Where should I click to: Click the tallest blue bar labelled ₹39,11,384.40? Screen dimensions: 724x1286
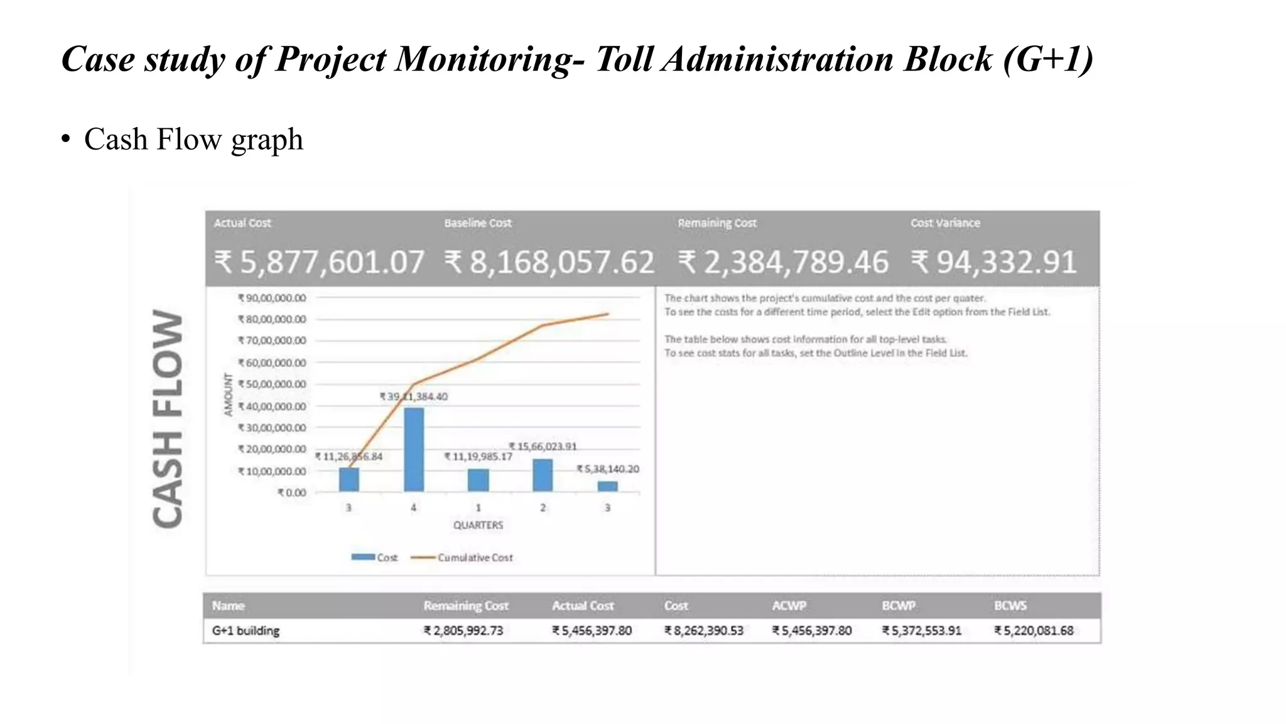coord(414,449)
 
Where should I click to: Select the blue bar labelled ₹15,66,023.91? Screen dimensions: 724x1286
coord(543,475)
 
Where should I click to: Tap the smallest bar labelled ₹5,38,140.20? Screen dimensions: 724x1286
coord(607,486)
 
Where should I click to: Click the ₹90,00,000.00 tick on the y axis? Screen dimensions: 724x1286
coord(272,298)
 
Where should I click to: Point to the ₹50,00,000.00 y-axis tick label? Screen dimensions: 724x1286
coord(272,384)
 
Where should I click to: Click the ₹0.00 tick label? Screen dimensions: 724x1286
coord(292,493)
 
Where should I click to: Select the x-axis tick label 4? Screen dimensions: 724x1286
coord(413,508)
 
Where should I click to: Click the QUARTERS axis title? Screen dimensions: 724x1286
coord(478,525)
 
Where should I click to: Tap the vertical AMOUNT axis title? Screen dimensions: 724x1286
coord(229,395)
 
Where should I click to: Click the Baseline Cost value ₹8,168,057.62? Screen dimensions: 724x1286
coord(549,263)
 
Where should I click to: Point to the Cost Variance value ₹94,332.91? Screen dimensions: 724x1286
coord(994,263)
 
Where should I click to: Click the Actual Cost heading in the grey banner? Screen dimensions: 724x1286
coord(242,223)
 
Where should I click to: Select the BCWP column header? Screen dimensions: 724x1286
coord(899,606)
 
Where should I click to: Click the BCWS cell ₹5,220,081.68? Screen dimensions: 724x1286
coord(1034,631)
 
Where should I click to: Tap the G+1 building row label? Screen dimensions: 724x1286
coord(246,631)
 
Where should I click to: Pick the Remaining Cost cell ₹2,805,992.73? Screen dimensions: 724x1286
coord(463,631)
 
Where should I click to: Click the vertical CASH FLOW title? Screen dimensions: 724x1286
coord(168,419)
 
